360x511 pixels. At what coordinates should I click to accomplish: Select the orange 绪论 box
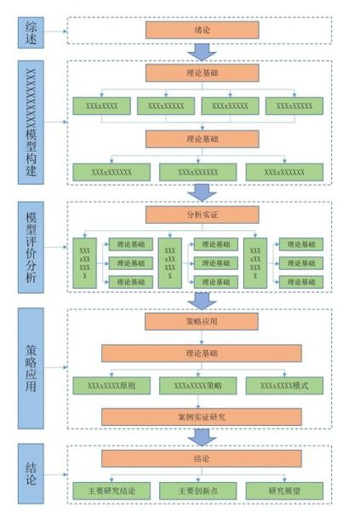tap(202, 30)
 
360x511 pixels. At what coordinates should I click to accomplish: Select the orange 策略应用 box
tap(202, 322)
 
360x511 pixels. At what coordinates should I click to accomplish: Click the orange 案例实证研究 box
tap(202, 416)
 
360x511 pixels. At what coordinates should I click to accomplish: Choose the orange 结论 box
tap(202, 459)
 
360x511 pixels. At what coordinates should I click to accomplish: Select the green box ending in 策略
tap(202, 385)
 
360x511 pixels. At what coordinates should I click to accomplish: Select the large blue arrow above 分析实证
tap(202, 191)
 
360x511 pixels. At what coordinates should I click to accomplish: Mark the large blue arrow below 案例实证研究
tap(202, 436)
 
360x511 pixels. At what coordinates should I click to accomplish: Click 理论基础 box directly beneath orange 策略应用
tap(202, 353)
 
